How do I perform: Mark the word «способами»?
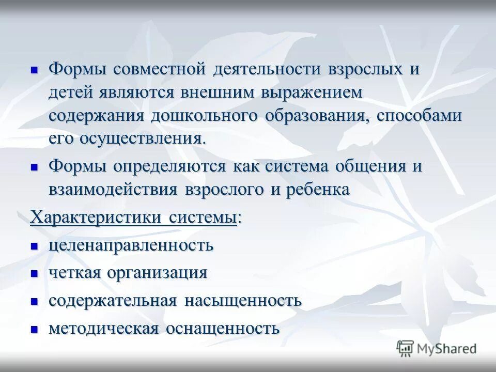(419, 115)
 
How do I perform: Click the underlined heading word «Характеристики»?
(96, 217)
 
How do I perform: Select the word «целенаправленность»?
(131, 245)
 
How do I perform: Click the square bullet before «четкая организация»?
(35, 273)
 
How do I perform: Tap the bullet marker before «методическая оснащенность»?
(35, 329)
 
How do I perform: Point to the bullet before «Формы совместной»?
(35, 69)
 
